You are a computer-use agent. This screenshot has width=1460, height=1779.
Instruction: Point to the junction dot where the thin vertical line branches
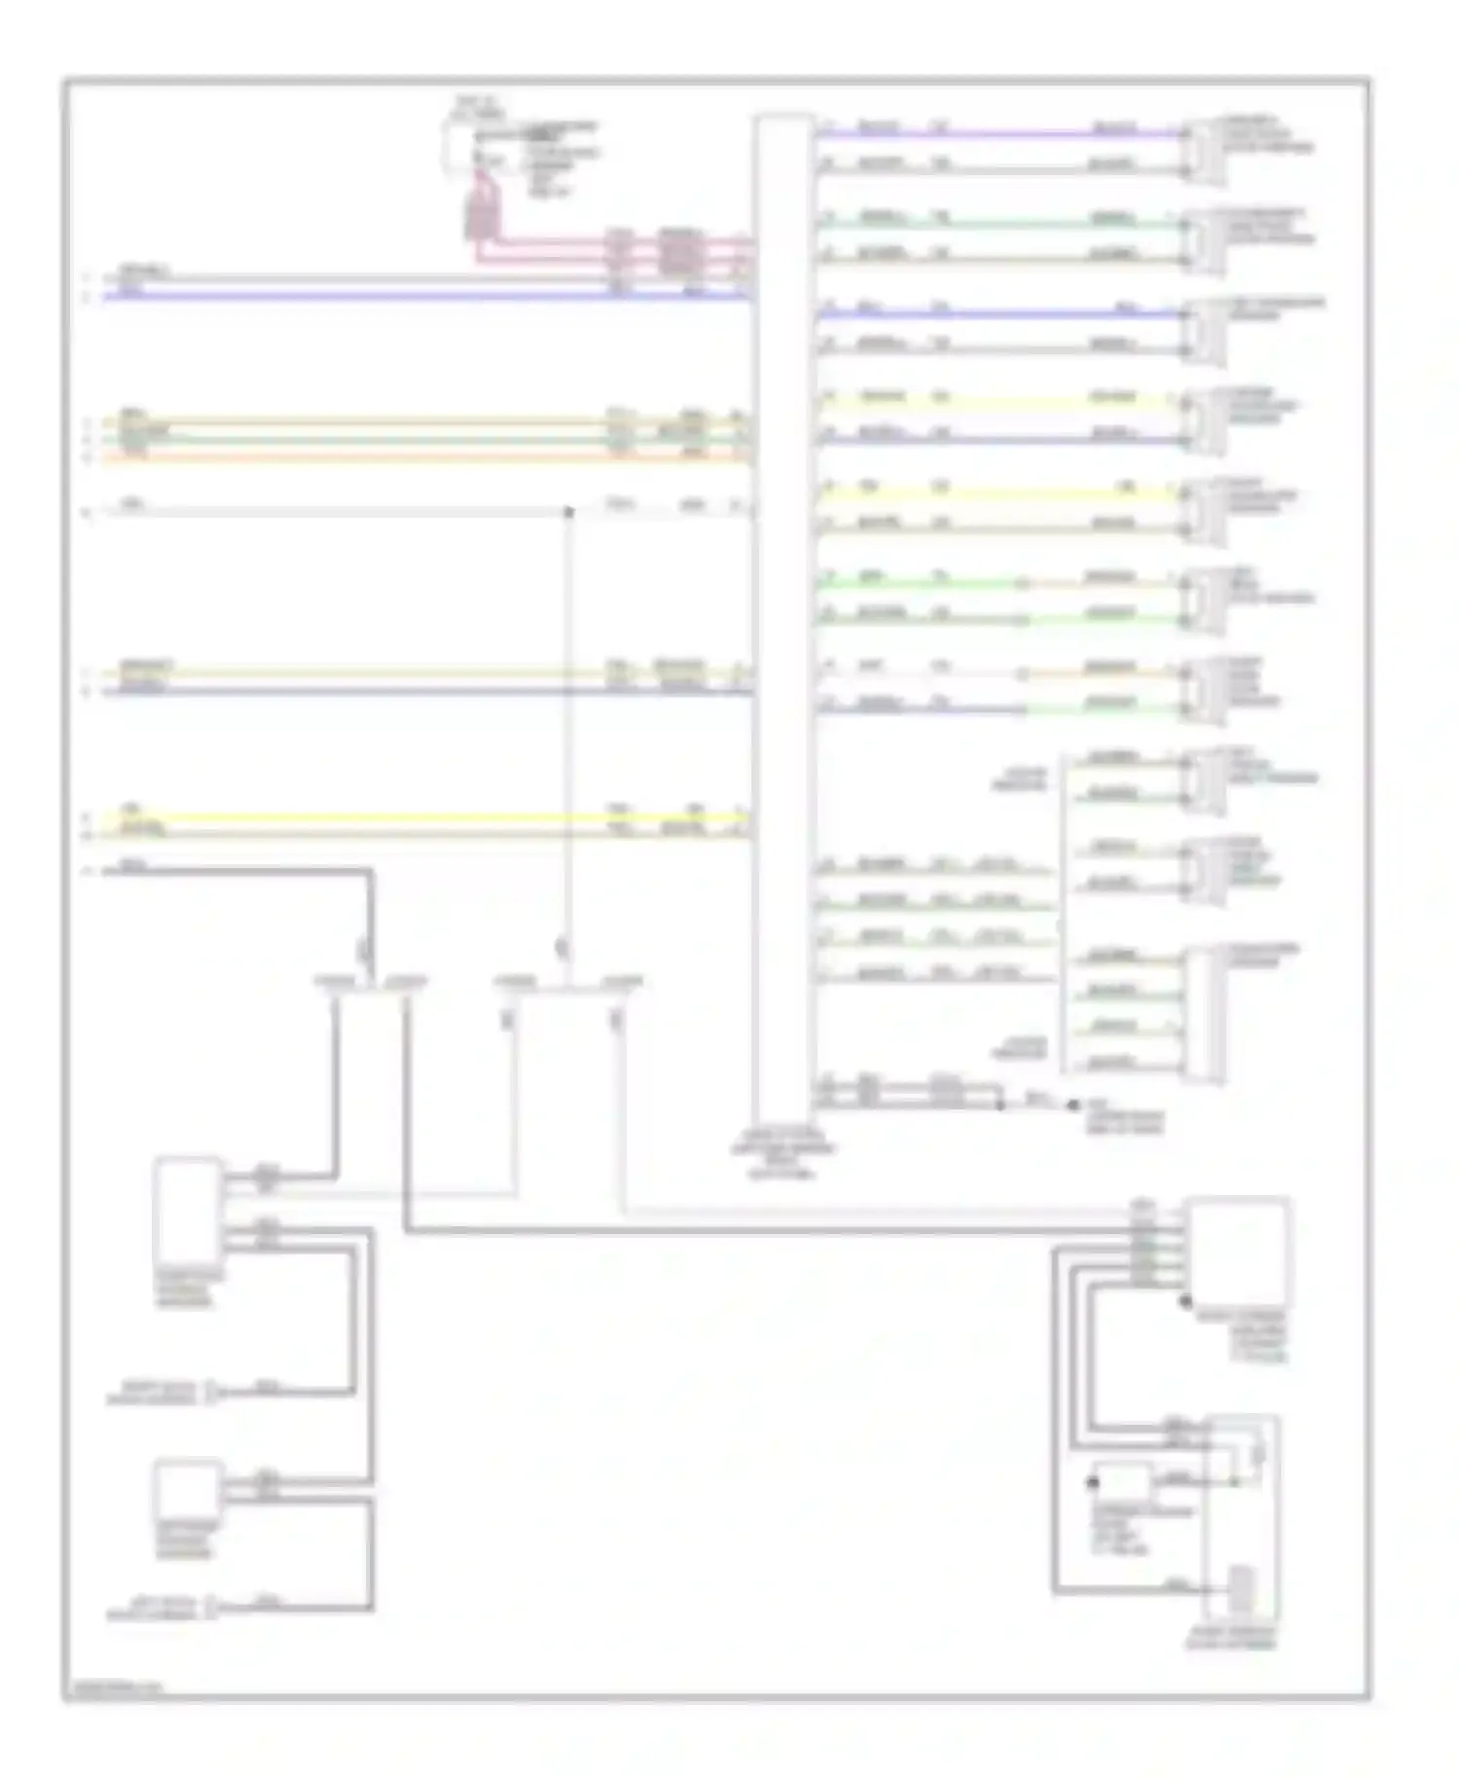pyautogui.click(x=569, y=512)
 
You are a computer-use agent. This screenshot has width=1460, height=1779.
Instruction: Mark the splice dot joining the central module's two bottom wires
pyautogui.click(x=1001, y=1106)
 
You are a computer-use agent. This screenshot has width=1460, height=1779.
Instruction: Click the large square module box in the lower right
pyautogui.click(x=1237, y=1252)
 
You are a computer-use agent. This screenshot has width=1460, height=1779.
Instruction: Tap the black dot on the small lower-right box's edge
pyautogui.click(x=1093, y=1483)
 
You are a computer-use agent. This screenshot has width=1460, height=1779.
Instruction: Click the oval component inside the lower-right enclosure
pyautogui.click(x=1258, y=1454)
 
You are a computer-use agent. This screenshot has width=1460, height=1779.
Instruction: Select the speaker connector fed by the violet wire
pyautogui.click(x=1203, y=151)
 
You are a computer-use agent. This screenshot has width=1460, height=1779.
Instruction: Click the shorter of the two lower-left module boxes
pyautogui.click(x=187, y=1489)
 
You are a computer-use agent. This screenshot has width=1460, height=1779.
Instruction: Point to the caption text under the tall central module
pyautogui.click(x=783, y=1154)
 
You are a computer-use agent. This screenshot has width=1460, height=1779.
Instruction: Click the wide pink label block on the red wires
pyautogui.click(x=680, y=252)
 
